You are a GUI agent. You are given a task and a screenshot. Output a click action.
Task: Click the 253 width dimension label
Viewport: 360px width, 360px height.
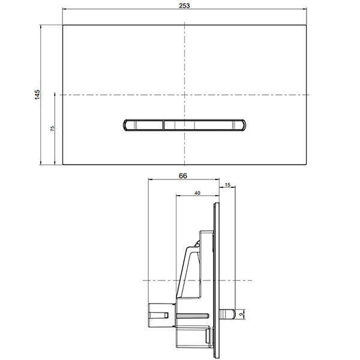pyautogui.click(x=184, y=5)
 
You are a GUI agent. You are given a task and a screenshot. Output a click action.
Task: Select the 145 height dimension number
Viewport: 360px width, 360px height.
pyautogui.click(x=37, y=95)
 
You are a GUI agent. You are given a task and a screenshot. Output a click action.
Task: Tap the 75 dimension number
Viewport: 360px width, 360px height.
pyautogui.click(x=53, y=128)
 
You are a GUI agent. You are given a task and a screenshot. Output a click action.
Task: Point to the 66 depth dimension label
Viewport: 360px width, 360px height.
pyautogui.click(x=183, y=176)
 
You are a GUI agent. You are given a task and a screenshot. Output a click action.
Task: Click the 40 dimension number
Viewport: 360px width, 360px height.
pyautogui.click(x=197, y=193)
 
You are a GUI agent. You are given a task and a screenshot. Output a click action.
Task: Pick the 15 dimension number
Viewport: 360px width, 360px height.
pyautogui.click(x=227, y=185)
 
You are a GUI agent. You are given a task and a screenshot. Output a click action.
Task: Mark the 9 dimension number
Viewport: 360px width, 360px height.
pyautogui.click(x=241, y=314)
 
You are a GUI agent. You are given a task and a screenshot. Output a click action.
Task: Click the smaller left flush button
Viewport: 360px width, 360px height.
pyautogui.click(x=143, y=125)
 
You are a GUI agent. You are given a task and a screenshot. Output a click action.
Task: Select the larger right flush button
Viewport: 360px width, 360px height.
pyautogui.click(x=205, y=125)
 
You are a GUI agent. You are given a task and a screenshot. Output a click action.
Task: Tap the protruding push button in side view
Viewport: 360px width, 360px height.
pyautogui.click(x=227, y=314)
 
